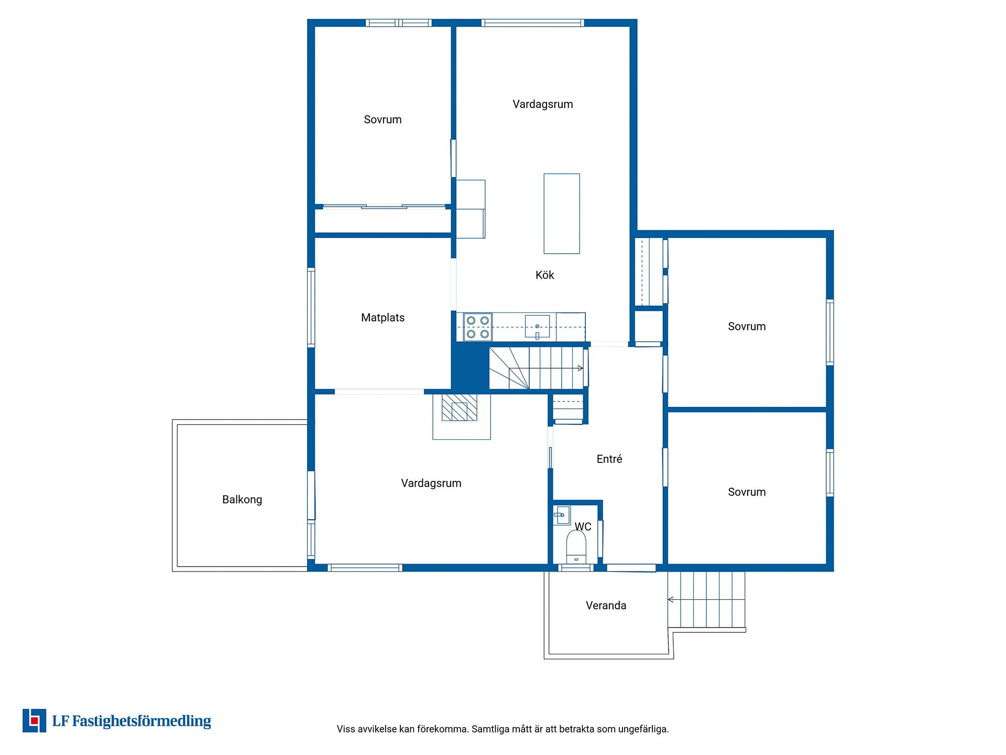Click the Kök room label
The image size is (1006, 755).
[x=544, y=275]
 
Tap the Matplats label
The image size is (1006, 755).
[x=382, y=318]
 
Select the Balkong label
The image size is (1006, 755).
[x=242, y=500]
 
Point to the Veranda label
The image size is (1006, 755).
[x=606, y=606]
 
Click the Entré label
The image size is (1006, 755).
[x=609, y=459]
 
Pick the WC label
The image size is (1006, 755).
[x=583, y=527]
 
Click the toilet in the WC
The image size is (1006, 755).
[x=576, y=547]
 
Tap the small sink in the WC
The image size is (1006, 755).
[x=562, y=515]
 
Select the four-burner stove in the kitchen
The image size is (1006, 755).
[x=477, y=327]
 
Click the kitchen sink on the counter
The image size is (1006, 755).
[x=537, y=327]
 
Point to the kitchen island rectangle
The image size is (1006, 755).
[x=562, y=213]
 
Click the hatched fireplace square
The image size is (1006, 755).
[x=459, y=408]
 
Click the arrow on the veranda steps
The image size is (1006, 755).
[x=706, y=599]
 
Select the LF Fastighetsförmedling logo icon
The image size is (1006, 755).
[x=34, y=721]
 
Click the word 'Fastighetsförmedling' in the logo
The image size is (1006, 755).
[x=141, y=721]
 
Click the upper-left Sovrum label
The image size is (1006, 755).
[x=382, y=120]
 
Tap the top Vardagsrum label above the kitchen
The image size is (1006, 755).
[x=543, y=104]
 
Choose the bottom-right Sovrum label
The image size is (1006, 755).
[x=747, y=492]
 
